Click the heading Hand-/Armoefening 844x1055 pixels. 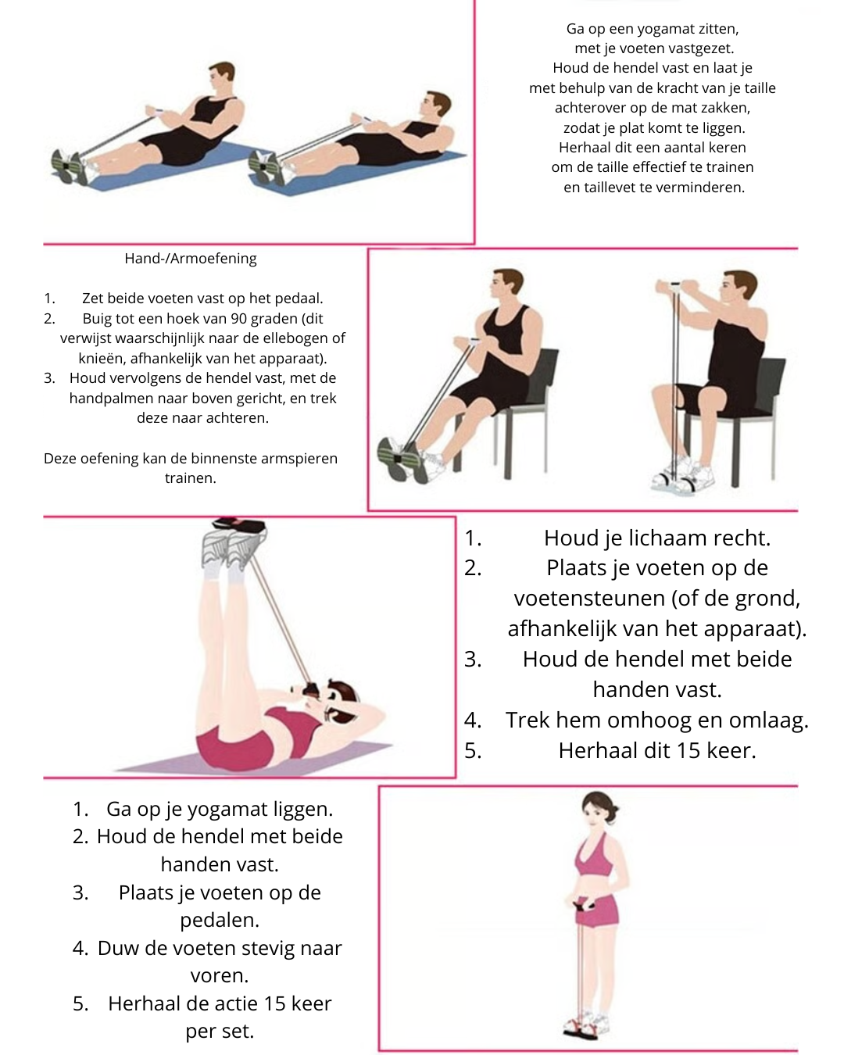coord(190,259)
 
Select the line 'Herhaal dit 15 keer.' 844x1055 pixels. coord(656,751)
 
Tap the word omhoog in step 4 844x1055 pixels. coord(663,721)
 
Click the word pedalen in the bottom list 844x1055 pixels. coord(220,921)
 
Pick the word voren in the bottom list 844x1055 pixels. coord(218,976)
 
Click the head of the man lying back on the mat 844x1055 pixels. coord(435,105)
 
